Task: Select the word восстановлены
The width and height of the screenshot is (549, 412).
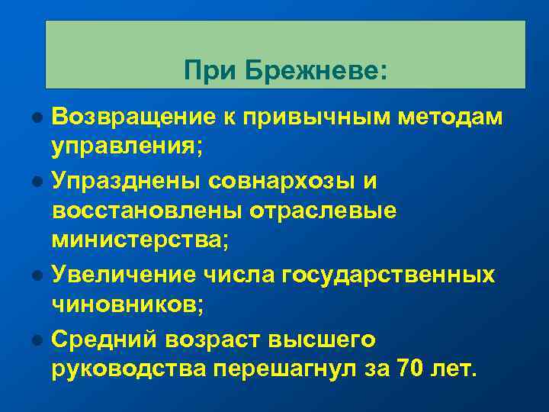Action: pos(146,210)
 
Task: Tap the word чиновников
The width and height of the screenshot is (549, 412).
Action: pos(127,305)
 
